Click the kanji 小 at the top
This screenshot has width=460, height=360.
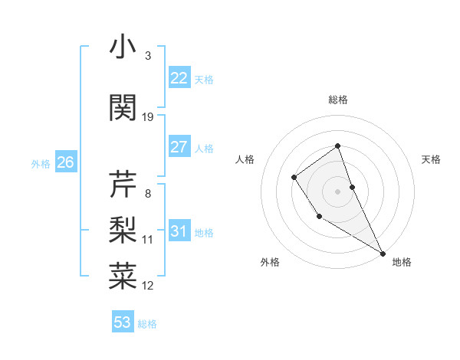click(123, 47)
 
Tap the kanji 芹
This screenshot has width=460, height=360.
click(123, 183)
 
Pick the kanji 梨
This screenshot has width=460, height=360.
click(123, 228)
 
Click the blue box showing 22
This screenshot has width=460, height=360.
click(179, 78)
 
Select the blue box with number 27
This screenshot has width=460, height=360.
click(179, 147)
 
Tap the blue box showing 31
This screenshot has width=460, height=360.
click(179, 231)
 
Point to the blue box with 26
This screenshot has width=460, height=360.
click(66, 162)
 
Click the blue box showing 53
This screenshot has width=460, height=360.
click(123, 322)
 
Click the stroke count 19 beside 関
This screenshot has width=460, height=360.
click(148, 116)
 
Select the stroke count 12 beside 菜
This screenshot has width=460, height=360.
click(148, 286)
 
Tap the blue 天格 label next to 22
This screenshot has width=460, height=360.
click(204, 80)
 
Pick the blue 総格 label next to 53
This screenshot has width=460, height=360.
click(147, 324)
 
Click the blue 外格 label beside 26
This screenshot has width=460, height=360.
click(41, 164)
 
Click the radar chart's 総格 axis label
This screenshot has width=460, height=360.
click(338, 100)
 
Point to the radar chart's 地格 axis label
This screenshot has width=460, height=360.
click(402, 262)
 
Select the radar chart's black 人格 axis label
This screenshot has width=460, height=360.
click(245, 159)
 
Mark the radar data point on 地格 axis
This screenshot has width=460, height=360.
click(383, 253)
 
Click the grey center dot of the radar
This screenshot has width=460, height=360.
click(338, 191)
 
